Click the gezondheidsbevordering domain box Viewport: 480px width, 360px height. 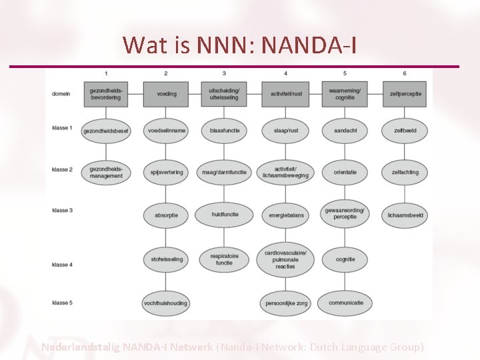pyautogui.click(x=105, y=94)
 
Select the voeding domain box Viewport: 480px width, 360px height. pyautogui.click(x=166, y=94)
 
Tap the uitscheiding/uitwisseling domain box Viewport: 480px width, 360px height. pyautogui.click(x=225, y=94)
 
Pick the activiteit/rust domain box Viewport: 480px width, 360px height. pyautogui.click(x=285, y=94)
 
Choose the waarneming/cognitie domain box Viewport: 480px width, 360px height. pyautogui.click(x=345, y=94)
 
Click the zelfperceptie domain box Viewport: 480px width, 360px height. pyautogui.click(x=405, y=94)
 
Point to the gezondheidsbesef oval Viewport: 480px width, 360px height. pyautogui.click(x=105, y=131)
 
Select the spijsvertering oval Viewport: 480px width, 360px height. pyautogui.click(x=166, y=173)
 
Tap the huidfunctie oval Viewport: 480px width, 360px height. pyautogui.click(x=225, y=215)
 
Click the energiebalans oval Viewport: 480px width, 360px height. pyautogui.click(x=285, y=215)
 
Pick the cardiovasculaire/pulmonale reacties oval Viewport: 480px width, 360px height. pyautogui.click(x=285, y=259)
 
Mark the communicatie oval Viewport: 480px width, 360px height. pyautogui.click(x=345, y=303)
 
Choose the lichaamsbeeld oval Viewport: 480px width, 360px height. pyautogui.click(x=405, y=215)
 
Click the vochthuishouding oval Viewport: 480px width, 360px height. pyautogui.click(x=166, y=303)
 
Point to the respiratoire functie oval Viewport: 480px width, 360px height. pyautogui.click(x=225, y=259)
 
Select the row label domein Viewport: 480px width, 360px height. pyautogui.click(x=61, y=94)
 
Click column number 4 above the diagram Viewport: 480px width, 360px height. pyautogui.click(x=285, y=73)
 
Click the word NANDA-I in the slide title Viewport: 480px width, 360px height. pyautogui.click(x=310, y=45)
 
